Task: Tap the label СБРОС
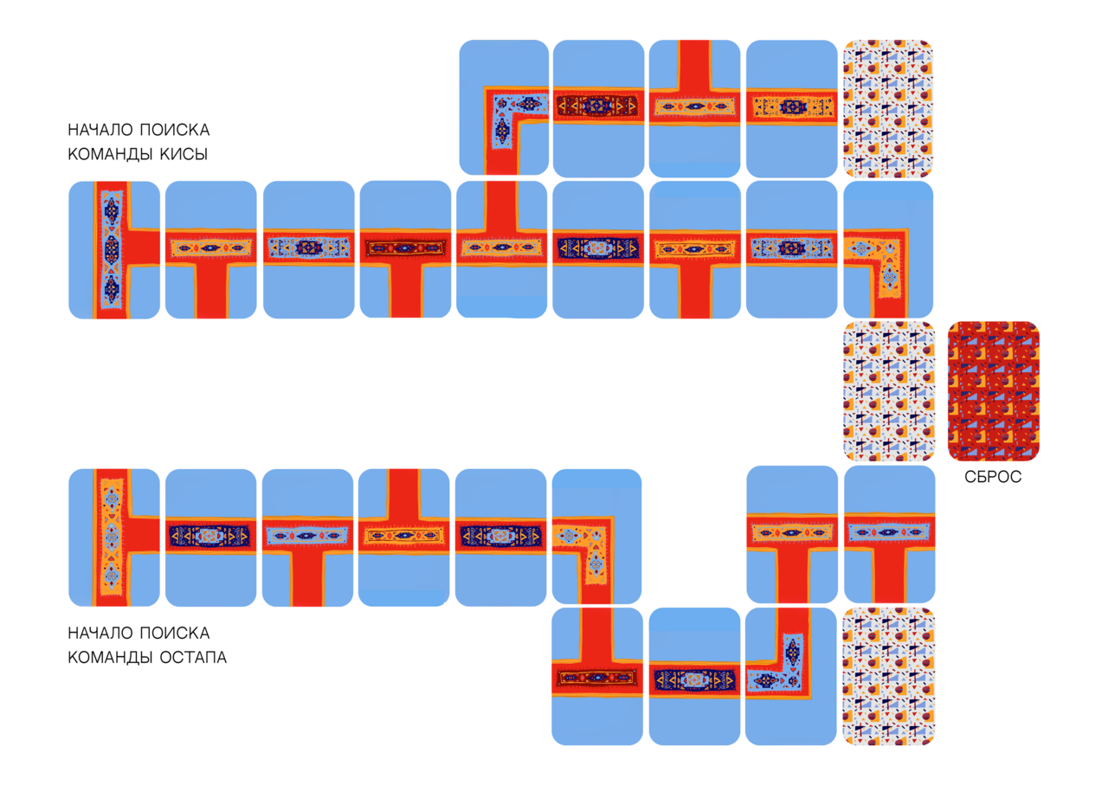(993, 477)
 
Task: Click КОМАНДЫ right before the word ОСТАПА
(110, 658)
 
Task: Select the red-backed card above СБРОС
(993, 391)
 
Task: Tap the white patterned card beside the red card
(888, 391)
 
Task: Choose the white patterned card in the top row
(888, 108)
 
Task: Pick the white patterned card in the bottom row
(888, 676)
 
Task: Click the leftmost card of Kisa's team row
(114, 249)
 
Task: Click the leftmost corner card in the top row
(504, 108)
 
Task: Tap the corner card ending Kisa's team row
(888, 249)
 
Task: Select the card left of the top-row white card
(790, 108)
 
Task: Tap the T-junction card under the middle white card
(889, 535)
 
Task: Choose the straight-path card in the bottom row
(693, 676)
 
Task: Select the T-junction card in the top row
(694, 108)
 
